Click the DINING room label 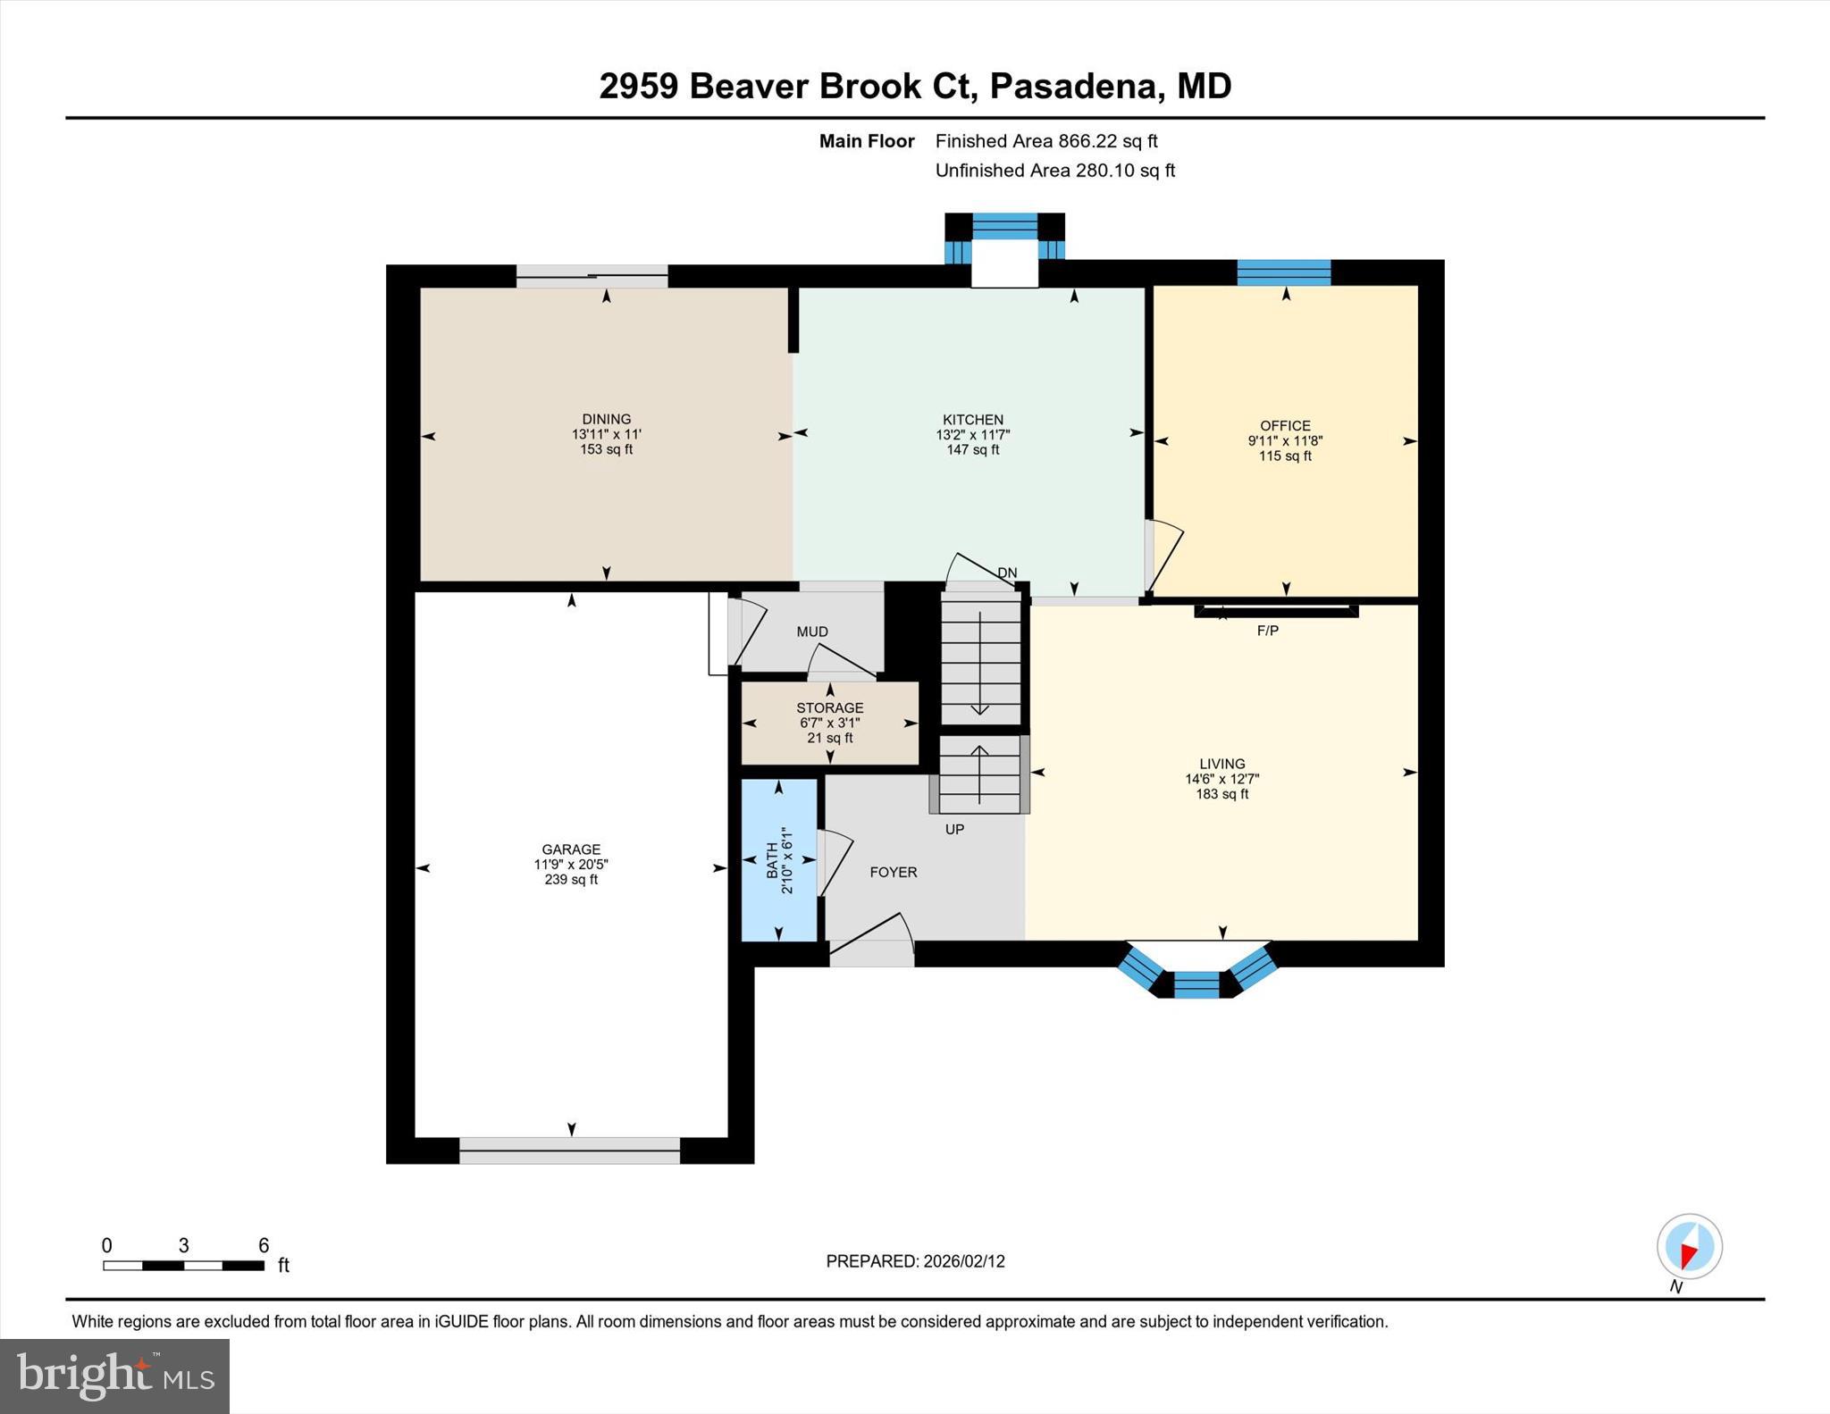point(606,419)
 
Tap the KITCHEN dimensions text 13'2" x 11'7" point(972,435)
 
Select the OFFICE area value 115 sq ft point(1285,456)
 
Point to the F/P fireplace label point(1267,631)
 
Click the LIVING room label point(1221,764)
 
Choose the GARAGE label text point(571,849)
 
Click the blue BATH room point(778,859)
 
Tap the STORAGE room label point(829,707)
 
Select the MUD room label point(811,632)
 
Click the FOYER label point(893,872)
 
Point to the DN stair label point(1006,573)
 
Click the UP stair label point(954,829)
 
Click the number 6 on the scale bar point(264,1245)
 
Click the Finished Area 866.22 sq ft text point(1045,141)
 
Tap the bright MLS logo point(114,1376)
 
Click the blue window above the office point(1283,272)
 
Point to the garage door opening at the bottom point(569,1150)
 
